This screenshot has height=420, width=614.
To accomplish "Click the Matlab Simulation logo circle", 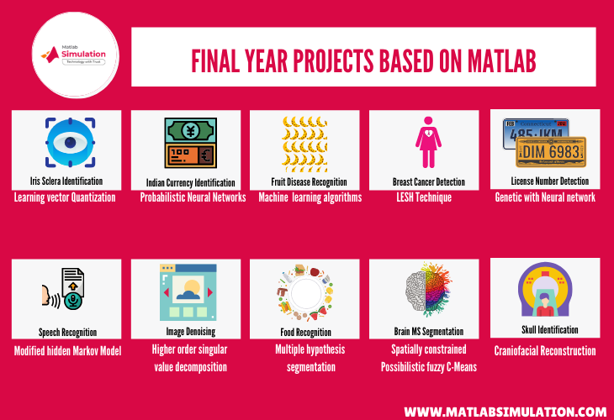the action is coord(75,55).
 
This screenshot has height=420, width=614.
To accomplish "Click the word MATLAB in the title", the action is coord(501,61).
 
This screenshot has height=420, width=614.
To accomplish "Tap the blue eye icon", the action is coord(70,142).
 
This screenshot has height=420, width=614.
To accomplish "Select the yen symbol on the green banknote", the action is coord(191,130).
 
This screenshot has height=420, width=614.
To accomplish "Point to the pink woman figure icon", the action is coord(428,142).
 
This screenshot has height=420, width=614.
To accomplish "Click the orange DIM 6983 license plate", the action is coord(552,152).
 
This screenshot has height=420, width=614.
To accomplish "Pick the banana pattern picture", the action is coord(304,144).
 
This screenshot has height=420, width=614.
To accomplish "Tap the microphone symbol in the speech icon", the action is coord(73,301).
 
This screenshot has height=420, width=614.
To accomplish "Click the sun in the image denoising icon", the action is coord(192,287).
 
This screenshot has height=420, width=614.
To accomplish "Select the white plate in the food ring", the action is coord(306,293).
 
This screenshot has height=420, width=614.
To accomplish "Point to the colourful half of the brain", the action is coord(437,290).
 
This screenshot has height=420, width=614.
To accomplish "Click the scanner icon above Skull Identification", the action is coord(545,290).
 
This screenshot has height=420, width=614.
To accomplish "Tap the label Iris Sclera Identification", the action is coord(66,181).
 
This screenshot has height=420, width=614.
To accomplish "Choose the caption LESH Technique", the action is coord(424,197).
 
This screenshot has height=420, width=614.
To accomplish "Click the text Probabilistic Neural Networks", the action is coord(193,197).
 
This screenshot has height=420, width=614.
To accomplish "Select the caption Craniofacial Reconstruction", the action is coord(545,351).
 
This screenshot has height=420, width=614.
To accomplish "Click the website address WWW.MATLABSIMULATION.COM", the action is coord(505,412).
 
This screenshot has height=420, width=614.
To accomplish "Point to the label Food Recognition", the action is coord(306,333).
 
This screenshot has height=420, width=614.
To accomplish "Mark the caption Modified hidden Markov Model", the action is coord(68,351).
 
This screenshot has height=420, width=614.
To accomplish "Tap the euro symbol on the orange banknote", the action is coord(206,155).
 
